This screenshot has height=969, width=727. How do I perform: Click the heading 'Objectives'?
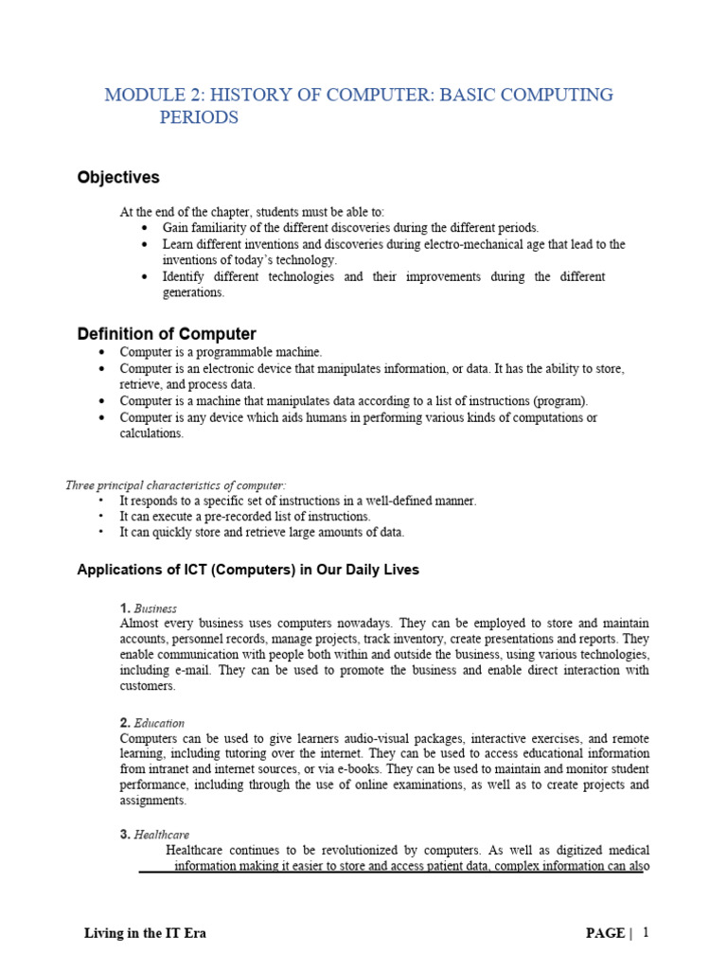click(x=118, y=178)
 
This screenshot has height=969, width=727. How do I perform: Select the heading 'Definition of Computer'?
click(x=166, y=334)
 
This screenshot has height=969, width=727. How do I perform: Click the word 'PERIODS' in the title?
click(x=199, y=118)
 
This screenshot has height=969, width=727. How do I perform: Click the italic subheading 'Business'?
click(x=155, y=608)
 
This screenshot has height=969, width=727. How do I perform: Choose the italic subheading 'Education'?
click(x=159, y=723)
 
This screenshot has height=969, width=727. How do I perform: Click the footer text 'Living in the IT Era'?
click(x=146, y=933)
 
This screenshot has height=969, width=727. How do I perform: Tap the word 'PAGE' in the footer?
click(x=605, y=933)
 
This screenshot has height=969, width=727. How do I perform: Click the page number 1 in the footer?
click(x=647, y=932)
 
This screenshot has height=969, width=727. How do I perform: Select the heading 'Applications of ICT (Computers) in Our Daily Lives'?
click(x=247, y=570)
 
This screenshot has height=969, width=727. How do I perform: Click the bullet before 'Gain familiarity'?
click(x=144, y=229)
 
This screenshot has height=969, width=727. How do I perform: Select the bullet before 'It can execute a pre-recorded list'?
click(x=101, y=517)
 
